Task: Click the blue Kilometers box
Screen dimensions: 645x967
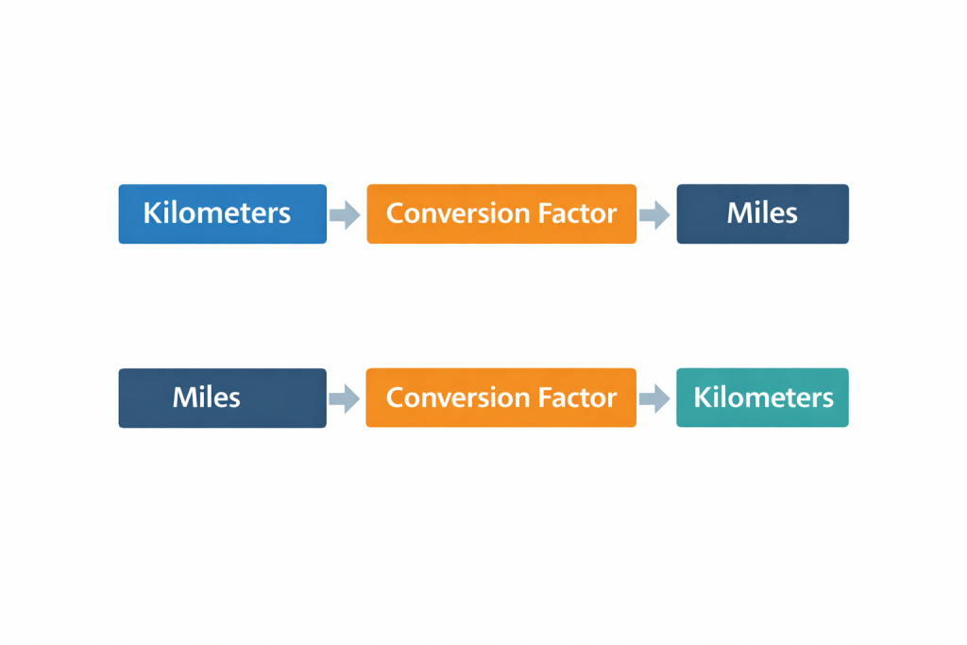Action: click(222, 213)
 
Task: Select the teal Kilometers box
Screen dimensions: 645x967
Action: click(762, 398)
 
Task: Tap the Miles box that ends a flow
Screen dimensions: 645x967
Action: click(762, 213)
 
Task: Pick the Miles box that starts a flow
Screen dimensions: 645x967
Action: click(222, 398)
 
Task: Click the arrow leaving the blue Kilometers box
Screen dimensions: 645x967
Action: click(345, 214)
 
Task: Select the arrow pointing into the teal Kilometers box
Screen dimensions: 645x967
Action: click(654, 399)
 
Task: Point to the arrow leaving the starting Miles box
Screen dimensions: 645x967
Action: click(345, 399)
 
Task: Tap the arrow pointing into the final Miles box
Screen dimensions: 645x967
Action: click(654, 214)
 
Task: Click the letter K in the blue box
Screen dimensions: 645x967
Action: click(151, 213)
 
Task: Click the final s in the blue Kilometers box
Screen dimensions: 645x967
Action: click(284, 215)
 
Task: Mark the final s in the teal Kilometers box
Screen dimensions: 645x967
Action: click(827, 399)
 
